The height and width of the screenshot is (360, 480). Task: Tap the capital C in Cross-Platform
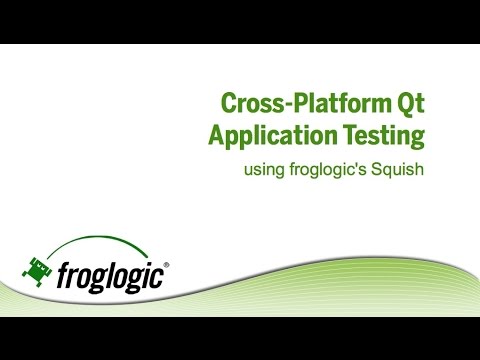[x=228, y=104]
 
